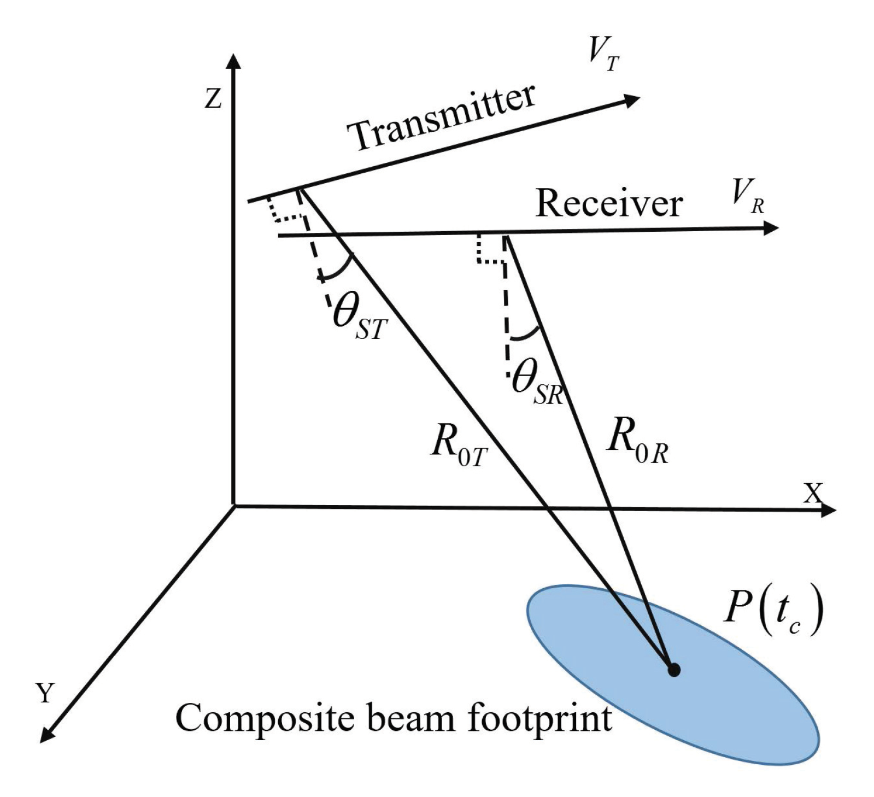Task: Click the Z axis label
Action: coord(213,99)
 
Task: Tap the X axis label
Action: coord(814,494)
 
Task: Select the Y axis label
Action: coord(46,693)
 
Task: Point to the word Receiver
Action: coord(609,203)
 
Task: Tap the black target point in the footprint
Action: coord(674,670)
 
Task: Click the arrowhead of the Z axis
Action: coord(233,61)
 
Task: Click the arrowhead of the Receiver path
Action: coord(771,228)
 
